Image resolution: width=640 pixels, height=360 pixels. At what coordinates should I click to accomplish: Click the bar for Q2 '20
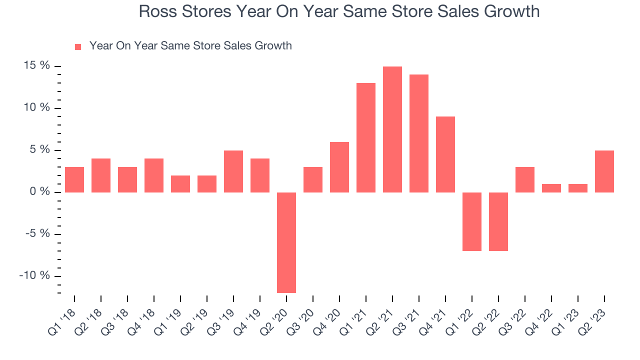286,242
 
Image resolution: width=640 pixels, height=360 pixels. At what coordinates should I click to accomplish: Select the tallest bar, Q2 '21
392,129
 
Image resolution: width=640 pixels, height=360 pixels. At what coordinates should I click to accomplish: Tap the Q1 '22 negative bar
471,221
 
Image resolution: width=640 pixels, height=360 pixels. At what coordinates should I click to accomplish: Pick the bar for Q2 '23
604,171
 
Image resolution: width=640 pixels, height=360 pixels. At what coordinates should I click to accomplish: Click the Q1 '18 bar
74,179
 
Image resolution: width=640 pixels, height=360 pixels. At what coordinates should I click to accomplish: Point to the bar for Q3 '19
233,171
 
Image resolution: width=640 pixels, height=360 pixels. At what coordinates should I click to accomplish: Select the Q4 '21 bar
445,154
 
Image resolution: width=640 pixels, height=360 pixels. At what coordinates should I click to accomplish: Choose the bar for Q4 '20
339,167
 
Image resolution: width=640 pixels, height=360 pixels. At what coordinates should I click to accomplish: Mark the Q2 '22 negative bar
498,221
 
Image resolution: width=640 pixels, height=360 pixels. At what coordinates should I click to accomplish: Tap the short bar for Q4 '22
551,188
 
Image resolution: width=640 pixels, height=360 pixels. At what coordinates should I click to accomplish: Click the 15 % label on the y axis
36,65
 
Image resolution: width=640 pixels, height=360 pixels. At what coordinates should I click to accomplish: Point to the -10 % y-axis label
34,275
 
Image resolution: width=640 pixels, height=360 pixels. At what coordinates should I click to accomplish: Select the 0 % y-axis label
39,191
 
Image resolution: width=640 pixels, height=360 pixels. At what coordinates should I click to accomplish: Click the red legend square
78,47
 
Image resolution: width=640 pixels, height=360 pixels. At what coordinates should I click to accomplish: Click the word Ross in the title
157,11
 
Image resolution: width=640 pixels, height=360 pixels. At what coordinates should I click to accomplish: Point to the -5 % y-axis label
37,233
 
